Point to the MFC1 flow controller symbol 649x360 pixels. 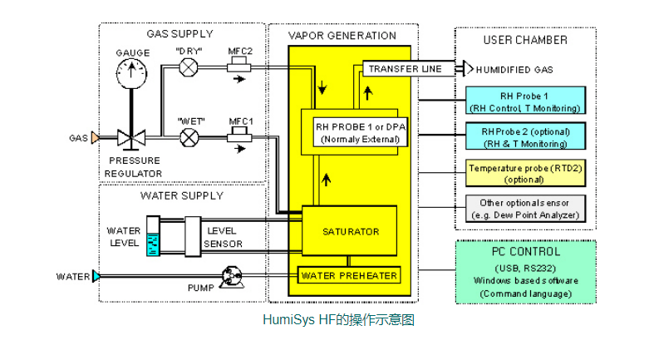pos(241,135)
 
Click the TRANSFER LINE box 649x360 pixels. pos(406,69)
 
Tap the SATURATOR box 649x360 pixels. pos(351,231)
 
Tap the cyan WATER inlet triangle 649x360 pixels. pos(97,276)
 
